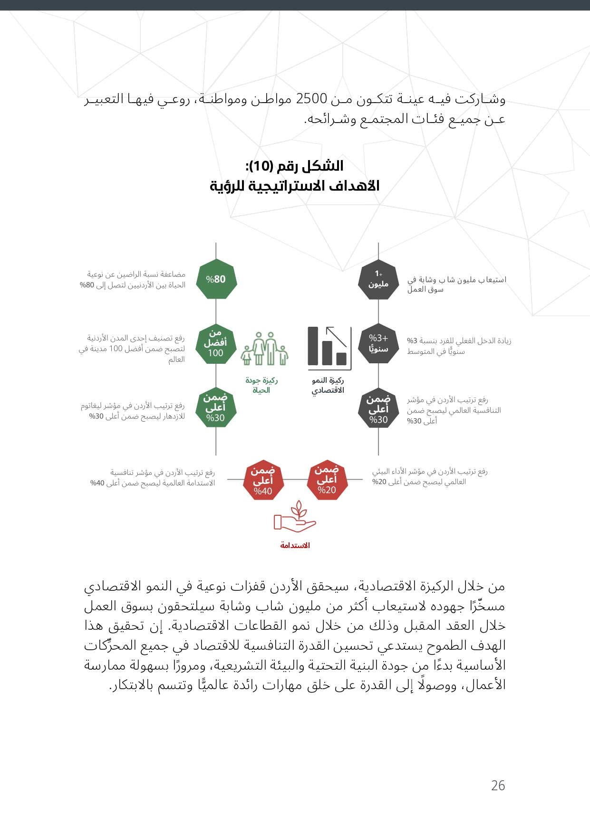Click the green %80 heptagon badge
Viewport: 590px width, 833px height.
pyautogui.click(x=216, y=279)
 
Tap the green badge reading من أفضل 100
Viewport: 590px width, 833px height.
pyautogui.click(x=216, y=343)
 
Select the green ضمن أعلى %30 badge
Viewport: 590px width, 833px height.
pyautogui.click(x=216, y=407)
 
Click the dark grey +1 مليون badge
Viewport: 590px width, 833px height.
pyautogui.click(x=378, y=280)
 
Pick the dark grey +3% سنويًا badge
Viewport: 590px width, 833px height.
pyautogui.click(x=378, y=343)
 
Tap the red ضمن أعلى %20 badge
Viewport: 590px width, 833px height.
pyautogui.click(x=327, y=480)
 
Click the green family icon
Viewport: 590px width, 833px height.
pyautogui.click(x=264, y=349)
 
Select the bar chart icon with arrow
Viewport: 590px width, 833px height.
pyautogui.click(x=329, y=348)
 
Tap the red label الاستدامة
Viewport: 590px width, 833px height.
pyautogui.click(x=295, y=545)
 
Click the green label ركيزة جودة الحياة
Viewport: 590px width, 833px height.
pyautogui.click(x=261, y=385)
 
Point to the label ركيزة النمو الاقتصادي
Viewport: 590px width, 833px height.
pyautogui.click(x=328, y=385)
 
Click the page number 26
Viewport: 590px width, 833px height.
pyautogui.click(x=498, y=786)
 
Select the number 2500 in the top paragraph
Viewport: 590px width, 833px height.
pyautogui.click(x=311, y=99)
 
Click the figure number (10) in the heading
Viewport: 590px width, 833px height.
pyautogui.click(x=261, y=166)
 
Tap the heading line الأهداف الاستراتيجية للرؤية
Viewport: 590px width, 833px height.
pyautogui.click(x=295, y=186)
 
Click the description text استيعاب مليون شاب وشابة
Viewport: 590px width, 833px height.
pyautogui.click(x=457, y=284)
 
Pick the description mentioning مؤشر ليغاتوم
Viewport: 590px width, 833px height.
pyautogui.click(x=133, y=411)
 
